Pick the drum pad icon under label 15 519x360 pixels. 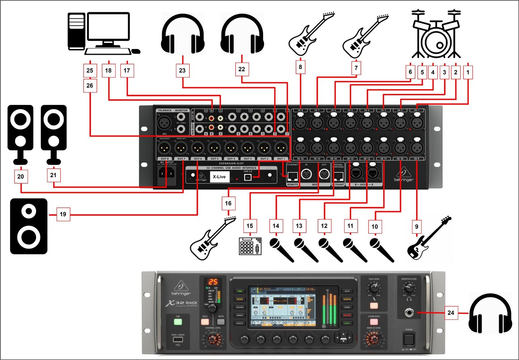coord(250,245)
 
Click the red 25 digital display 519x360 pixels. coord(213,282)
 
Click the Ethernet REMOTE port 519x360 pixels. coord(292,176)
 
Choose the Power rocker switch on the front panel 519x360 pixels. coord(409,338)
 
